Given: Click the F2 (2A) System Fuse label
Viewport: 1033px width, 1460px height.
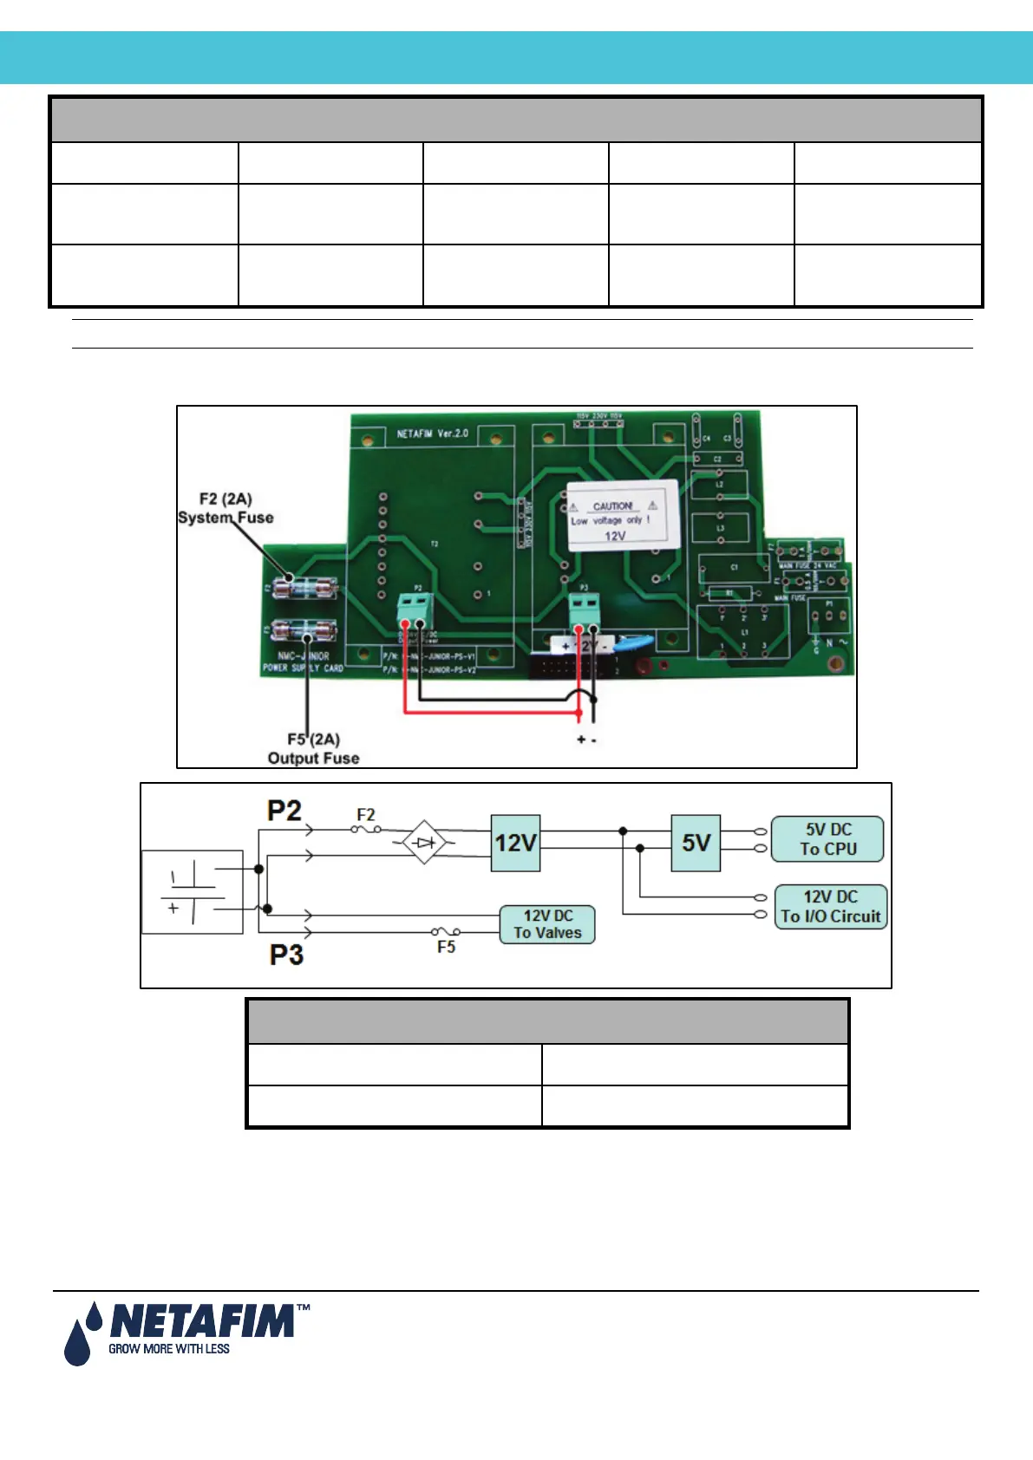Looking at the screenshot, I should [226, 508].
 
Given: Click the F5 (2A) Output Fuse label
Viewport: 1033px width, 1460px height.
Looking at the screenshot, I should [313, 749].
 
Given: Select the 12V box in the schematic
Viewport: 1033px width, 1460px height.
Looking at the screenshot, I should [515, 843].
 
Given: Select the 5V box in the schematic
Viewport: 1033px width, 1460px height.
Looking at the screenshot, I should [696, 843].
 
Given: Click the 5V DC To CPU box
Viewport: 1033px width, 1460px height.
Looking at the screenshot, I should [827, 839].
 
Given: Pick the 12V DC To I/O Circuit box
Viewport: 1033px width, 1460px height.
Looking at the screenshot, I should [830, 907].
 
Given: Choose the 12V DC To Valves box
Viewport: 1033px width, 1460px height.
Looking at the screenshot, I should [547, 924].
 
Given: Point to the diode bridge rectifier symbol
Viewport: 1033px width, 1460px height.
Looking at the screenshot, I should [423, 842].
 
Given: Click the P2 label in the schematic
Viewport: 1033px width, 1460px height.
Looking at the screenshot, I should [284, 811].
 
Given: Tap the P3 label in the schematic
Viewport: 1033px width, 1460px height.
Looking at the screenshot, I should [286, 955].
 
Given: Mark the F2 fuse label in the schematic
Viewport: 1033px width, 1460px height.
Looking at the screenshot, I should [366, 815].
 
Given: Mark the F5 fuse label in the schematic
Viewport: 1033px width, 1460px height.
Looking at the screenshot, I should [446, 948].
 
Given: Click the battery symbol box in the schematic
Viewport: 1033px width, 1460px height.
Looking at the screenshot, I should [193, 892].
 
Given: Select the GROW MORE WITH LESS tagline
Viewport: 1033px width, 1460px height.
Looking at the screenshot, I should [169, 1349].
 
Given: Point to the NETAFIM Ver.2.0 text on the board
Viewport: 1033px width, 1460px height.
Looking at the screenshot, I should [432, 433].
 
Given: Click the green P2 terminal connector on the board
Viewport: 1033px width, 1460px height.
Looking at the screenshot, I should [414, 608].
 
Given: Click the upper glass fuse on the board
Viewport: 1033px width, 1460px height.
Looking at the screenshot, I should [304, 588].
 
